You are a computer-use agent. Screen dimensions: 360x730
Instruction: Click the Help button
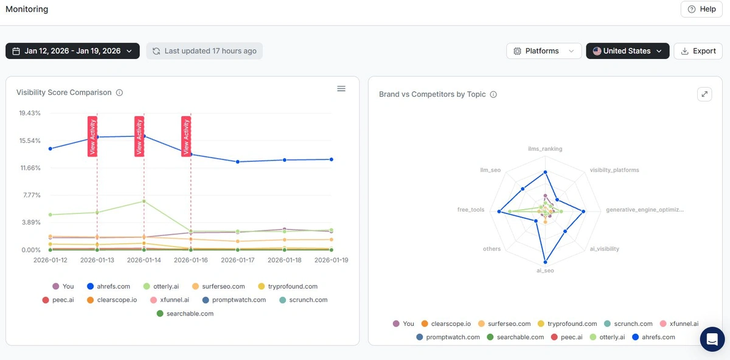tap(701, 9)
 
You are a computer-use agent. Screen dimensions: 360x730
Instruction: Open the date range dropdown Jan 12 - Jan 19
tap(72, 51)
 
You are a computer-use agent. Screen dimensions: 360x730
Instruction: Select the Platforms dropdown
tap(543, 51)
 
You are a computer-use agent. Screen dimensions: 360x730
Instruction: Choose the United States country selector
tap(627, 51)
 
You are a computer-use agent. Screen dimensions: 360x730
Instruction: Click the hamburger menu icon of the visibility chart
tap(341, 89)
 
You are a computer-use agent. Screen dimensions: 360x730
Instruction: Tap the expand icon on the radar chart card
tap(704, 94)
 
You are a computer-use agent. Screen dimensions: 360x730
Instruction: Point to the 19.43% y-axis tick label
tap(30, 113)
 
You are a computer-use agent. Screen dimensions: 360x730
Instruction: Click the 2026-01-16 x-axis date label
tap(191, 260)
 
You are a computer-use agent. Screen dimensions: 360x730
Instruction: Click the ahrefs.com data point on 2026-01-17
tap(238, 162)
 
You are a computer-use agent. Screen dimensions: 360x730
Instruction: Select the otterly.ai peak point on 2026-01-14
tap(144, 201)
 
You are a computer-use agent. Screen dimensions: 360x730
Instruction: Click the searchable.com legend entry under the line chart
tap(185, 314)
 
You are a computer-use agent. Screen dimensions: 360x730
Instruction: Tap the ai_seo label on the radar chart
tap(545, 271)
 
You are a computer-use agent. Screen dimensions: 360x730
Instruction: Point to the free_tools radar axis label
tap(471, 210)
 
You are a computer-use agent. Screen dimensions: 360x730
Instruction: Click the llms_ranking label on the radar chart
tap(545, 149)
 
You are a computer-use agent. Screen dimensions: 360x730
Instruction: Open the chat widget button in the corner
tap(712, 339)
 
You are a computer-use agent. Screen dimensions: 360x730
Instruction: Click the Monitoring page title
tap(27, 9)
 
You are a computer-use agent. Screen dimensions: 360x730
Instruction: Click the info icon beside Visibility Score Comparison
tap(119, 93)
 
